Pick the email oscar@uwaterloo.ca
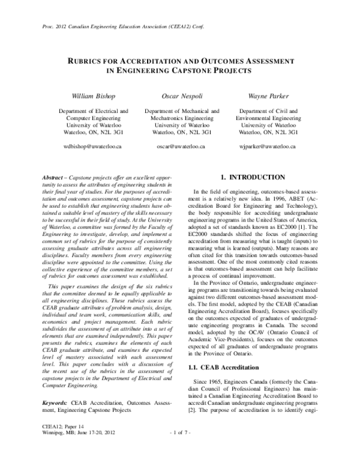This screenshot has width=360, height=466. point(181,146)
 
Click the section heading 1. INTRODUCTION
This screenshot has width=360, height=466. point(253,178)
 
